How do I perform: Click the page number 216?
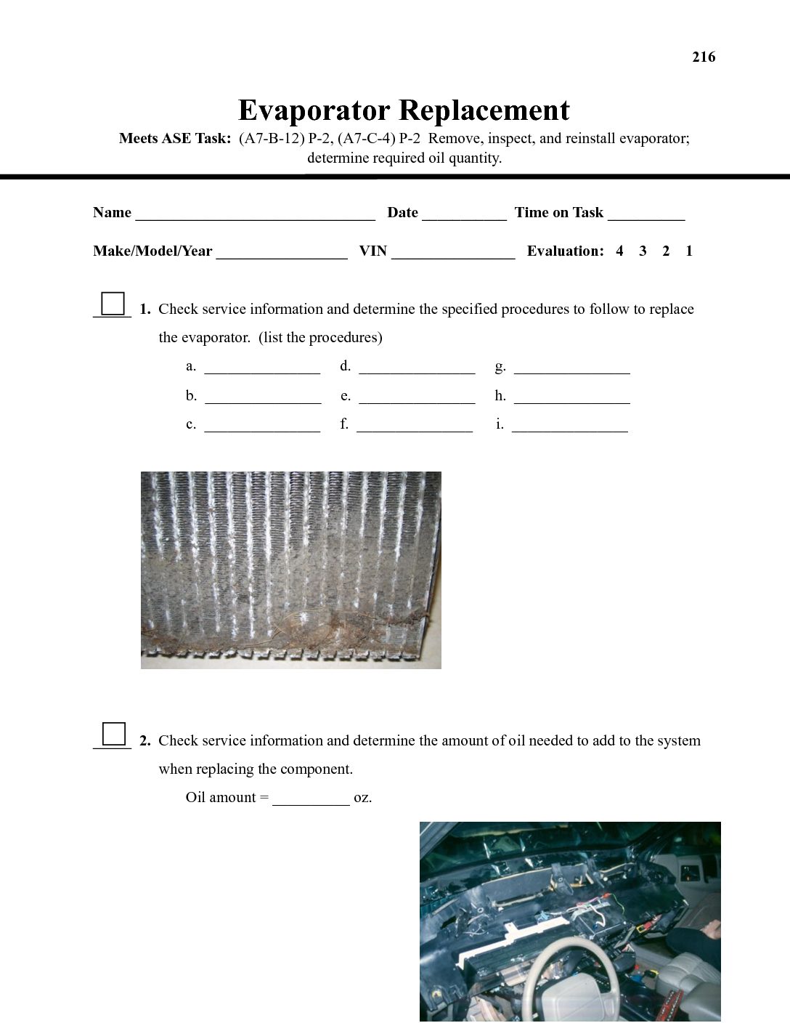pyautogui.click(x=704, y=57)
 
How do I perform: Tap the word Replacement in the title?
pyautogui.click(x=484, y=110)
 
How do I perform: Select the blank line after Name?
pyautogui.click(x=255, y=217)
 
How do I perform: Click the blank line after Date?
pyautogui.click(x=464, y=217)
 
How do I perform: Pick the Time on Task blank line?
pyautogui.click(x=646, y=217)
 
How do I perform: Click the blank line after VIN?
pyautogui.click(x=453, y=255)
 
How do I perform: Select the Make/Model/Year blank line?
pyautogui.click(x=282, y=255)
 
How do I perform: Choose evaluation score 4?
pyautogui.click(x=619, y=251)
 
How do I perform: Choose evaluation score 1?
pyautogui.click(x=689, y=251)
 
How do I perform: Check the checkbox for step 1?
pyautogui.click(x=113, y=303)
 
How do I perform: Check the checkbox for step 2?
pyautogui.click(x=114, y=735)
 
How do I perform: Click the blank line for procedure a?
pyautogui.click(x=262, y=371)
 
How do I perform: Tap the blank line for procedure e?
pyautogui.click(x=417, y=400)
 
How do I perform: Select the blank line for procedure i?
pyautogui.click(x=570, y=429)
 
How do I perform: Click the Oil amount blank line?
pyautogui.click(x=311, y=802)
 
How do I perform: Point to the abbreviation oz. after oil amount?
pyautogui.click(x=363, y=798)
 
